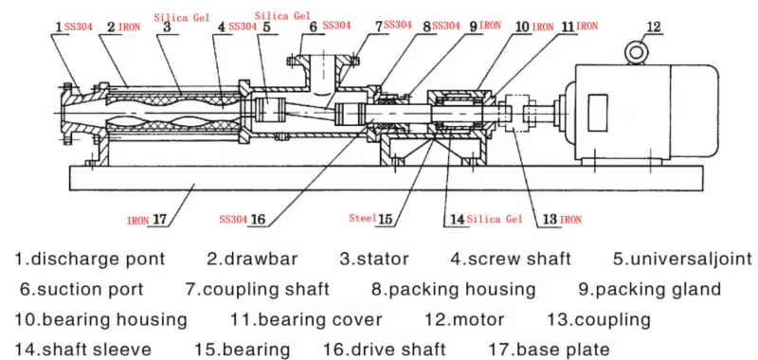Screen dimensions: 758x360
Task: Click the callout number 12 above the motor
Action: [x=653, y=27]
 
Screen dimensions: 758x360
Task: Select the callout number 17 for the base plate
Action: [x=160, y=220]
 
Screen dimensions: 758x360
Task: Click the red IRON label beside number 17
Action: [x=138, y=221]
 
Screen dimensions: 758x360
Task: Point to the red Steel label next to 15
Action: [x=363, y=218]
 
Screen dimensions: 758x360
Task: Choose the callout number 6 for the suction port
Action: [x=314, y=27]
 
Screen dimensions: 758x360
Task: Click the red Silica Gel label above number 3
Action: [x=182, y=18]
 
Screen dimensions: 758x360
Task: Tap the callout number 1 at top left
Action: [x=59, y=27]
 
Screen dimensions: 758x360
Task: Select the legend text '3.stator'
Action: [x=374, y=259]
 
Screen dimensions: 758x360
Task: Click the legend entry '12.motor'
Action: [x=464, y=319]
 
